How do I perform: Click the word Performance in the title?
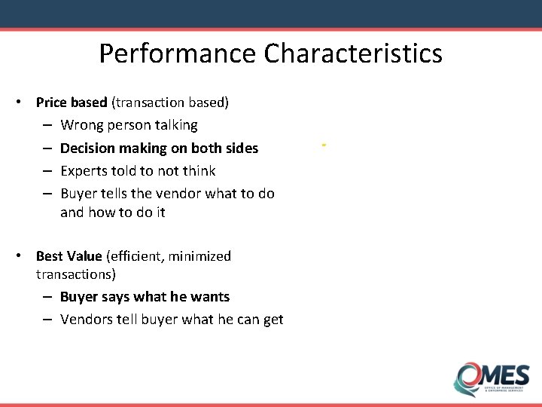(x=178, y=54)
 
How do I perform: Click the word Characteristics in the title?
(x=353, y=54)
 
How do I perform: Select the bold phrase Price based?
(x=72, y=102)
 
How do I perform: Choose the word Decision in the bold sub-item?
(x=88, y=148)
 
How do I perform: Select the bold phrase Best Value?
(x=69, y=256)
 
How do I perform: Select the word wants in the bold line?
(x=211, y=297)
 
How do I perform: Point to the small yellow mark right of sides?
(x=323, y=143)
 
